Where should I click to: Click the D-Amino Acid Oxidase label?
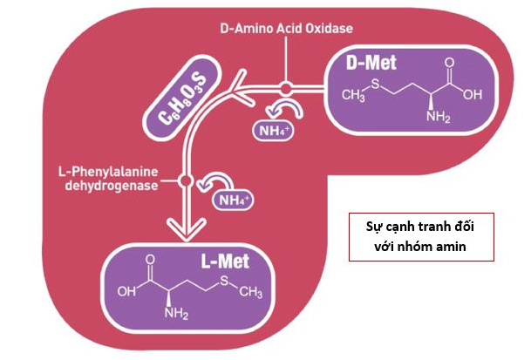(287, 28)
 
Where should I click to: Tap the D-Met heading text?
(371, 63)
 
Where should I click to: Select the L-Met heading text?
(225, 262)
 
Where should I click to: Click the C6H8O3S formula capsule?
(183, 98)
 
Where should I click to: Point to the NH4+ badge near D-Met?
(274, 131)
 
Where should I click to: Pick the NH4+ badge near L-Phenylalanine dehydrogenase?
(233, 200)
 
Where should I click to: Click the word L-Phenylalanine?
(108, 172)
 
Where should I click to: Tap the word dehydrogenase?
(112, 186)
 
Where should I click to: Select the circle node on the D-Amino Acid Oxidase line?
(286, 88)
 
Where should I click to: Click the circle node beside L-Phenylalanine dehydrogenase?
(186, 181)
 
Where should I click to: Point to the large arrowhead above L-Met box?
(186, 229)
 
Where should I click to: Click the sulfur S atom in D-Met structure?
(375, 84)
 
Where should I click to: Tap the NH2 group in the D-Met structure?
(439, 116)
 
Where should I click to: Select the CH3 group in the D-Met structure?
(353, 95)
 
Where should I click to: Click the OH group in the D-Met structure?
(473, 94)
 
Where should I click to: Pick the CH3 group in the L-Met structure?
(250, 292)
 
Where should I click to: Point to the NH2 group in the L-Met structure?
(176, 313)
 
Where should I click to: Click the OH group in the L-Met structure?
(126, 291)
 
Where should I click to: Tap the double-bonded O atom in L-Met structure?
(150, 260)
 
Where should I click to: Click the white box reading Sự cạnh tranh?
(421, 237)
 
